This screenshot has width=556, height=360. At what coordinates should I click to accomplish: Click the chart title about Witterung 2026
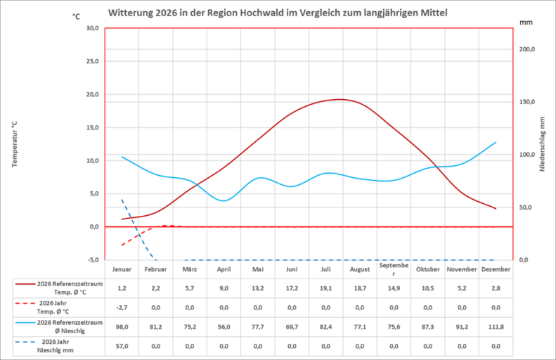click(277, 13)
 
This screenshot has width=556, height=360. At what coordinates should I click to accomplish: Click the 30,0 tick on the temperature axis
click(91, 28)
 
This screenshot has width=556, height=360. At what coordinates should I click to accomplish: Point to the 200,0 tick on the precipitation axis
click(526, 49)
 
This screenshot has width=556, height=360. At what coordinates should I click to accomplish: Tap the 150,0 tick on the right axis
click(526, 102)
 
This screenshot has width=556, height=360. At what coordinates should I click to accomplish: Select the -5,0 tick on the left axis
click(91, 260)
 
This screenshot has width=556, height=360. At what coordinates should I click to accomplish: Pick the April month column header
click(224, 269)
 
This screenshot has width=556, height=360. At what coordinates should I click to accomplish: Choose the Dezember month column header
click(496, 269)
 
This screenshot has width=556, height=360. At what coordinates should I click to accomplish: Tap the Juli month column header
click(325, 269)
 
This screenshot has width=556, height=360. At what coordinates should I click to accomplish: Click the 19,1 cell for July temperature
click(325, 288)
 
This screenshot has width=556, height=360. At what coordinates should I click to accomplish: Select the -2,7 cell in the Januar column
click(122, 307)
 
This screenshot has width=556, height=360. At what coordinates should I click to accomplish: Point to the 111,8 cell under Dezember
click(496, 326)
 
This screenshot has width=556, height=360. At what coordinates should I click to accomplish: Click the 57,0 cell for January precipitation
click(122, 345)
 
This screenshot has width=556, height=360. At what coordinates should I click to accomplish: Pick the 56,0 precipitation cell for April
click(224, 326)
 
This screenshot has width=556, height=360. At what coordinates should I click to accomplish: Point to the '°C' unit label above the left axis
click(76, 15)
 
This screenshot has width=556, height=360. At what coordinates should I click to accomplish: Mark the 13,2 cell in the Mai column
click(258, 288)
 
